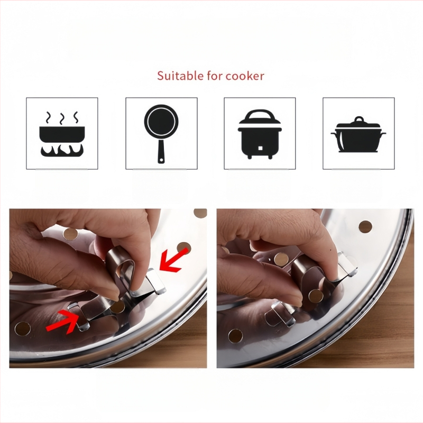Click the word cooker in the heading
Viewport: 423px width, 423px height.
tap(245, 76)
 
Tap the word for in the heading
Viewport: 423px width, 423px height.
tap(215, 76)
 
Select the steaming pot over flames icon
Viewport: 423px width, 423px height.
tap(62, 134)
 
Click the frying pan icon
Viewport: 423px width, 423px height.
tap(161, 134)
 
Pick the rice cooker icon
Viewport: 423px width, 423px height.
tap(260, 134)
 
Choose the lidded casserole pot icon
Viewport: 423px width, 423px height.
tap(358, 134)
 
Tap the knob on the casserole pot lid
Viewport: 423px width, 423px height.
tap(359, 119)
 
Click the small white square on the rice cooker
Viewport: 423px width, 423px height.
tap(260, 148)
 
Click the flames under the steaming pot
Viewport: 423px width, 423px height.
tap(62, 151)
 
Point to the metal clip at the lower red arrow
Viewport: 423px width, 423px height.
tap(79, 316)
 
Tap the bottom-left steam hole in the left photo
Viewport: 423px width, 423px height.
tap(23, 328)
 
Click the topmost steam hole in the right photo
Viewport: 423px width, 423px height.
tap(365, 227)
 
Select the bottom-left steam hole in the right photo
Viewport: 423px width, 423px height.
tap(235, 336)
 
